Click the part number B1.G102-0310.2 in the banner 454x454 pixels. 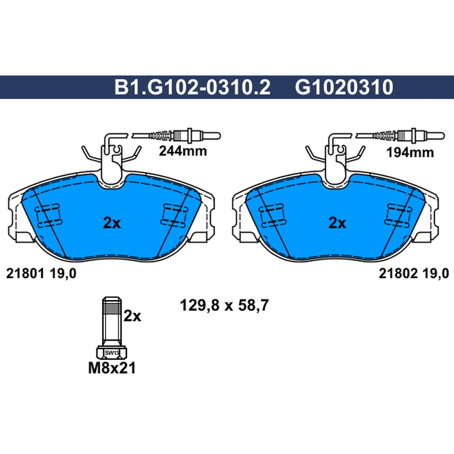point(192,87)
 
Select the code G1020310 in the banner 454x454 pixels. point(344,87)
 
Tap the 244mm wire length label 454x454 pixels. point(183,151)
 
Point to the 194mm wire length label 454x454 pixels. point(410,152)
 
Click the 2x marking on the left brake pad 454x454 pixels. point(112,223)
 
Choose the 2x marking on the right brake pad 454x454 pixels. point(337,223)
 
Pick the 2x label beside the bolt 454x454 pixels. point(132,316)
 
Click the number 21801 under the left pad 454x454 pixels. point(25,274)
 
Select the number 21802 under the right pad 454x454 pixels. point(398,274)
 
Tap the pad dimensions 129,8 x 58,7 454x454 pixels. point(224,305)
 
